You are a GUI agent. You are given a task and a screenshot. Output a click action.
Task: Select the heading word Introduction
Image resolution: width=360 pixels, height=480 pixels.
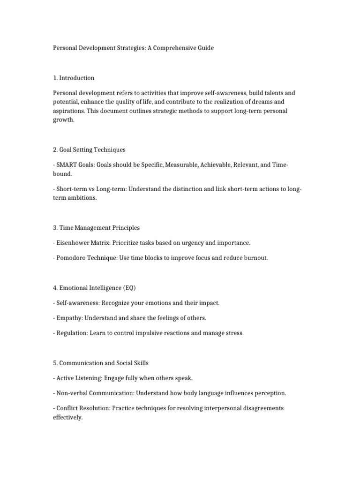point(77,78)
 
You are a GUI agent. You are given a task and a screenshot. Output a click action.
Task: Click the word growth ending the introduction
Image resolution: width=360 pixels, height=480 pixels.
point(63,120)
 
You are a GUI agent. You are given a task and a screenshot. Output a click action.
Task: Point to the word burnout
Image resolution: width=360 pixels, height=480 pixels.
point(255,258)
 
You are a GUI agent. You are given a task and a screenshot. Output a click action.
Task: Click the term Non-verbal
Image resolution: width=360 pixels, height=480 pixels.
point(72,393)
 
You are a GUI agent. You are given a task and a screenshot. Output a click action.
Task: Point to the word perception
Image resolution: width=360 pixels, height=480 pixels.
point(269,393)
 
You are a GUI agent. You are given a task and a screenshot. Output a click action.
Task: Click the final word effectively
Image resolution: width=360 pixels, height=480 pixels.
point(67,417)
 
